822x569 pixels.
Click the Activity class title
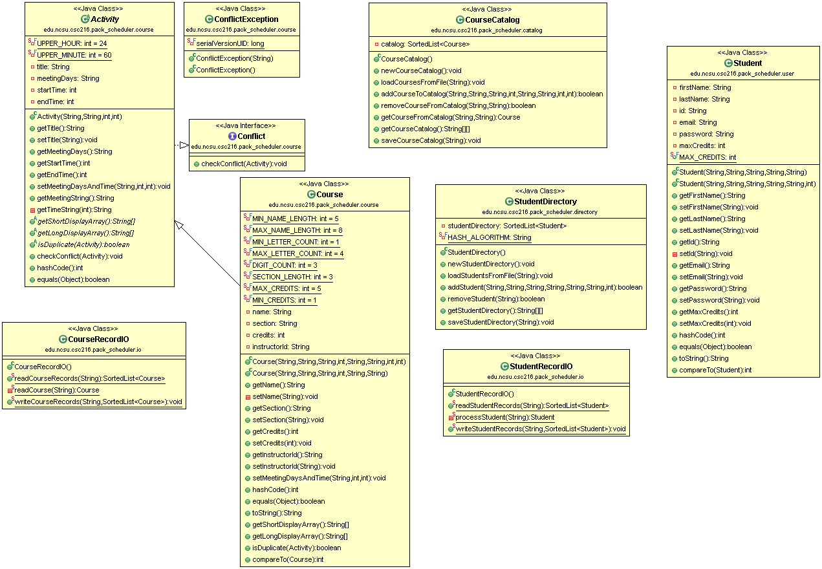tap(104, 19)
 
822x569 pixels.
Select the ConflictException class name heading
tap(246, 19)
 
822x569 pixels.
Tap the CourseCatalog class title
tap(492, 20)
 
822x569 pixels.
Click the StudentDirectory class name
tap(545, 202)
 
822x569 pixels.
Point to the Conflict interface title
tap(251, 136)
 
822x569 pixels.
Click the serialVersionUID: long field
tap(230, 43)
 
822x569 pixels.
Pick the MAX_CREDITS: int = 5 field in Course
tap(287, 288)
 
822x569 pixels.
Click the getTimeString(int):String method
tap(74, 209)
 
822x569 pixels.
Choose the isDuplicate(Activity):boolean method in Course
tap(296, 548)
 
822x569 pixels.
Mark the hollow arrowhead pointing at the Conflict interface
tap(184, 145)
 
